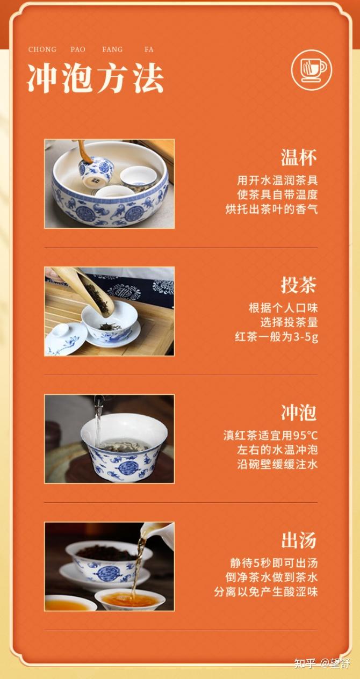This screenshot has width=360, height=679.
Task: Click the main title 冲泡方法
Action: pos(96,78)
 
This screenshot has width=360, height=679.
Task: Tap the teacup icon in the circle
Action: pos(312,70)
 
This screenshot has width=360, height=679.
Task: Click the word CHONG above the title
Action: pos(42,49)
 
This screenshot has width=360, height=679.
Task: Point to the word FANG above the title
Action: pos(112,49)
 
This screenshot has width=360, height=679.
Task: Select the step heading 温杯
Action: pos(299,157)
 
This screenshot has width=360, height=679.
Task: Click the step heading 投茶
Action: pos(299,285)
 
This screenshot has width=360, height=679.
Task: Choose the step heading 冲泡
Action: pos(299,413)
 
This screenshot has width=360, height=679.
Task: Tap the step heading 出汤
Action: pos(299,540)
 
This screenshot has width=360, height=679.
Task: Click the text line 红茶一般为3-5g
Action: pos(276,337)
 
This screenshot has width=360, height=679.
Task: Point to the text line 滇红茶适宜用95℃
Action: pos(270,436)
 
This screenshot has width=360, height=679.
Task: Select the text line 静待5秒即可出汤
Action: pos(274,563)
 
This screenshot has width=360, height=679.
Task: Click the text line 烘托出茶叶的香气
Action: pos(271,209)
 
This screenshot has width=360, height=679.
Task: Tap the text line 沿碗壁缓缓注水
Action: pos(277,464)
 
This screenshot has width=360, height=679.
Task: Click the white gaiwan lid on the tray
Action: pos(63,338)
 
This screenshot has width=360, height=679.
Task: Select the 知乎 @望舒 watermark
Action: pos(322,663)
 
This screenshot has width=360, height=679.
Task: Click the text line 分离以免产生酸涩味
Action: pos(266,591)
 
